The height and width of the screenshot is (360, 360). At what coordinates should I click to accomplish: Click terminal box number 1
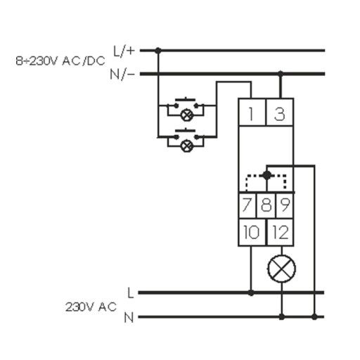click(x=252, y=112)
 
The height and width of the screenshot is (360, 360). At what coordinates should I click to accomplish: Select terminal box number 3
click(x=280, y=112)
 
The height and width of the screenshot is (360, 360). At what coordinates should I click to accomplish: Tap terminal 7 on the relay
click(x=247, y=205)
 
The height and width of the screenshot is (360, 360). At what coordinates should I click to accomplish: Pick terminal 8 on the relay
click(x=266, y=205)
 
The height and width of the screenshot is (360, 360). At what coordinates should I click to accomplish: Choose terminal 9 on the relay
click(x=285, y=205)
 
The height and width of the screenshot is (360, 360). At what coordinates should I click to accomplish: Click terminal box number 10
click(x=252, y=232)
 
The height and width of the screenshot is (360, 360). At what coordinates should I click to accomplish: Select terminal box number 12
click(x=281, y=232)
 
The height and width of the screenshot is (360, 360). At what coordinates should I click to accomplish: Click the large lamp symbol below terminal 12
click(x=281, y=269)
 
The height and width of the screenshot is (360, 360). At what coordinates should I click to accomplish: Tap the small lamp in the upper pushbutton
click(x=187, y=115)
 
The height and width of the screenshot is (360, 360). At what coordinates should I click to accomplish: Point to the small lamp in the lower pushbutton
click(x=187, y=146)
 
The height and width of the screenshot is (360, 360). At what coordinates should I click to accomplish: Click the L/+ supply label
click(x=124, y=51)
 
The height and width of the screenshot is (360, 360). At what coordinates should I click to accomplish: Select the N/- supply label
click(x=122, y=75)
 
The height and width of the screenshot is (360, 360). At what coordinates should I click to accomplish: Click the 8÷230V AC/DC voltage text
click(x=60, y=61)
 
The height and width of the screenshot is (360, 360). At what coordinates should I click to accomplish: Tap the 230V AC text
click(x=91, y=307)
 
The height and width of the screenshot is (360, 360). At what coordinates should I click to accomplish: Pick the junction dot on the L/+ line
click(x=158, y=51)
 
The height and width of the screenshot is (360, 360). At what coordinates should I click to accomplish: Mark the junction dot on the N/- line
click(x=281, y=74)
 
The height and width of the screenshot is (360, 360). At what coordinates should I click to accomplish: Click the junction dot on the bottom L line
click(x=251, y=292)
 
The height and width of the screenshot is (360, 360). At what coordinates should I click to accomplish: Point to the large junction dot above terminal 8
click(x=266, y=175)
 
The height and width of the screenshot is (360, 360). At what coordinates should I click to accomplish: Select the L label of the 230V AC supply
click(x=131, y=293)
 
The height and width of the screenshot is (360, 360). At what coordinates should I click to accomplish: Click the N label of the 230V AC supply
click(x=129, y=318)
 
